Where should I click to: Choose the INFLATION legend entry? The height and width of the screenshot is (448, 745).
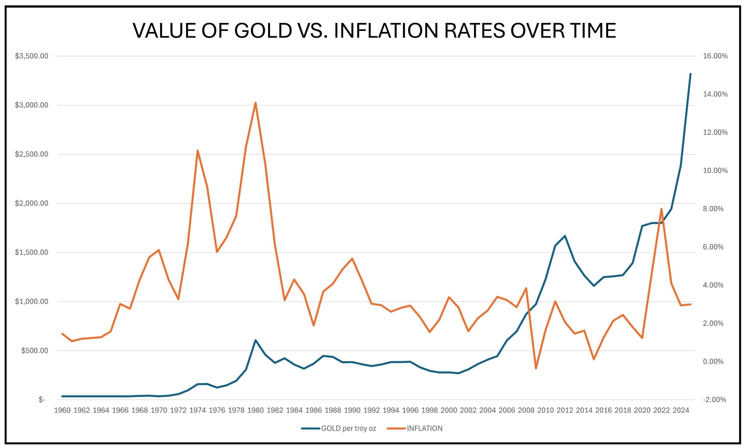tap(424, 429)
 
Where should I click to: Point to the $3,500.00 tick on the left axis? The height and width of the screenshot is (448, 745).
tap(31, 56)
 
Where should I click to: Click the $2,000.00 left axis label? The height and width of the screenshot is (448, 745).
tap(31, 203)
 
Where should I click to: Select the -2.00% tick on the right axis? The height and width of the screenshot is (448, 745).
tap(713, 400)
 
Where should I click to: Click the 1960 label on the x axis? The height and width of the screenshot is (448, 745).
tap(62, 410)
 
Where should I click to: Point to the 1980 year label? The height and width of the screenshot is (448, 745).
tap(256, 410)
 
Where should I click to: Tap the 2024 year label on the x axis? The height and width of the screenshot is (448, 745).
tap(681, 410)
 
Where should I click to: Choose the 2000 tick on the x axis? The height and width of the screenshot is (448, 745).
tap(449, 410)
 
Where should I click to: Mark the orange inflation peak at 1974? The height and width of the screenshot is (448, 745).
tap(198, 150)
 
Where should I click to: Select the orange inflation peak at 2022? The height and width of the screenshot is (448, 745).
tap(661, 209)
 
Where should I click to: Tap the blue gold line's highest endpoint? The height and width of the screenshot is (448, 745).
tap(690, 74)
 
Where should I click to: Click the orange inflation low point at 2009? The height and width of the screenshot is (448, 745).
tap(536, 368)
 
